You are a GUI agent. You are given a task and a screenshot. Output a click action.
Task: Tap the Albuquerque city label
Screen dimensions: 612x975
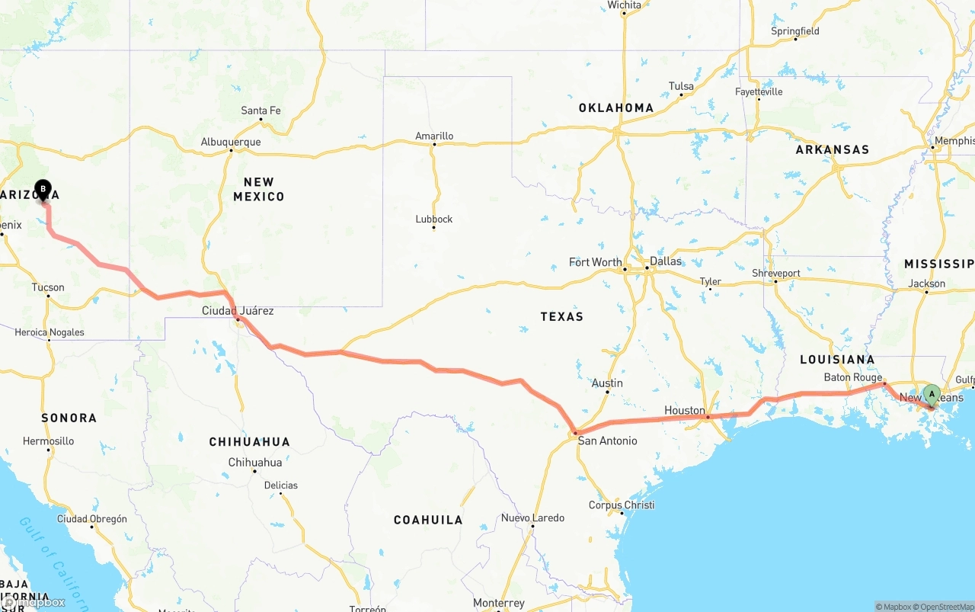(230, 142)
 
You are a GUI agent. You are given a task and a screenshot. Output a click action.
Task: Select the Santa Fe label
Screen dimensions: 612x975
(261, 111)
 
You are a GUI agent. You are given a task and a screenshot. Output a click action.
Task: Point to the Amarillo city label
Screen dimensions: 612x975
(434, 136)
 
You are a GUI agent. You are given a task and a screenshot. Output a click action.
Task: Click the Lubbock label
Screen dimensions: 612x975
(434, 219)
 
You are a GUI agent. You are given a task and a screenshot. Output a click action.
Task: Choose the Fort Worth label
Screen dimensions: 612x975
(595, 262)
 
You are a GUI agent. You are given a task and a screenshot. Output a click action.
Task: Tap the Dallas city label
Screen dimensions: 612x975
(666, 261)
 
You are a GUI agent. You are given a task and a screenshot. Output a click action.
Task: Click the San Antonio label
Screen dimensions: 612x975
(607, 441)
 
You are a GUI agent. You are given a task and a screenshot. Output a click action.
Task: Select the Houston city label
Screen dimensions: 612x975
(684, 410)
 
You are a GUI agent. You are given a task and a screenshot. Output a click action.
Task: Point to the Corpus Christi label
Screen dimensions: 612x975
(622, 505)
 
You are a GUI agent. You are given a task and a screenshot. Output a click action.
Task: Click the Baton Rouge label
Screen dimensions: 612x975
(852, 377)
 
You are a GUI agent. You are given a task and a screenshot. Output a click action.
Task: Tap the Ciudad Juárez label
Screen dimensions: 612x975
(238, 310)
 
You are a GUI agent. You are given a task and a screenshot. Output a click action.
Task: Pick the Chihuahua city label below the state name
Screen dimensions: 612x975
(255, 463)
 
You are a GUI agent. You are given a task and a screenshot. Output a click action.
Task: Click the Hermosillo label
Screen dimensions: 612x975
(49, 441)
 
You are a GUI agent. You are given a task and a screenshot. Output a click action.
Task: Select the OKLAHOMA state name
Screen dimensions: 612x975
(615, 107)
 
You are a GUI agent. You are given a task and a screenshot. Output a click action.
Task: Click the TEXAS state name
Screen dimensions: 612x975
(561, 316)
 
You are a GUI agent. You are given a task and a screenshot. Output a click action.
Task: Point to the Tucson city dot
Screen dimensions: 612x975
(48, 296)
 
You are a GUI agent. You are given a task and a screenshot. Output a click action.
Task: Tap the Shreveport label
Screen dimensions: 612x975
(775, 273)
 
